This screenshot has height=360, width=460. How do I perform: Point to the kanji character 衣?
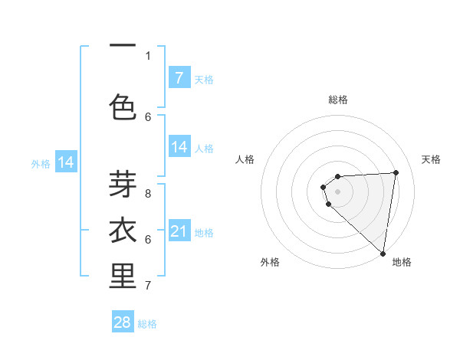pyautogui.click(x=123, y=230)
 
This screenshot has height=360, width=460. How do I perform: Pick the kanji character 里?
pyautogui.click(x=123, y=277)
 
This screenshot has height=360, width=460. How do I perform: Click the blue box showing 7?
pyautogui.click(x=179, y=78)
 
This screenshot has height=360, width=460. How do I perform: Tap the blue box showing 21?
pyautogui.click(x=179, y=231)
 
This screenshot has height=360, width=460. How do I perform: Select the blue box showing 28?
pyautogui.click(x=123, y=322)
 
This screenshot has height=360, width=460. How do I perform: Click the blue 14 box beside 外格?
pyautogui.click(x=66, y=162)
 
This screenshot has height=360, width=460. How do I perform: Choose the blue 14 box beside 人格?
pyautogui.click(x=179, y=148)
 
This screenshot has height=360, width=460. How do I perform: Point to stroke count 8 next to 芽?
pyautogui.click(x=148, y=194)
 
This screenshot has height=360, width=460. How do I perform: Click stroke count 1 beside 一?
pyautogui.click(x=148, y=55)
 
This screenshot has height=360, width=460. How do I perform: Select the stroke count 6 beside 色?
pyautogui.click(x=148, y=116)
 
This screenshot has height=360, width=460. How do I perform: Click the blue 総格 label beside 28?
pyautogui.click(x=147, y=324)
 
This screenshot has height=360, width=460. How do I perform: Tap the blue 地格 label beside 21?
pyautogui.click(x=204, y=232)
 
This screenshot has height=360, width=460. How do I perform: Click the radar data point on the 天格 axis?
pyautogui.click(x=396, y=172)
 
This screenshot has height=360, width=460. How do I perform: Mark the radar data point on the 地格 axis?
pyautogui.click(x=383, y=254)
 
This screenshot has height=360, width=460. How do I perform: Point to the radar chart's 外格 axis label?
pyautogui.click(x=270, y=262)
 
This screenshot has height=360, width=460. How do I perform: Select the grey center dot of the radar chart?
pyautogui.click(x=337, y=191)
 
